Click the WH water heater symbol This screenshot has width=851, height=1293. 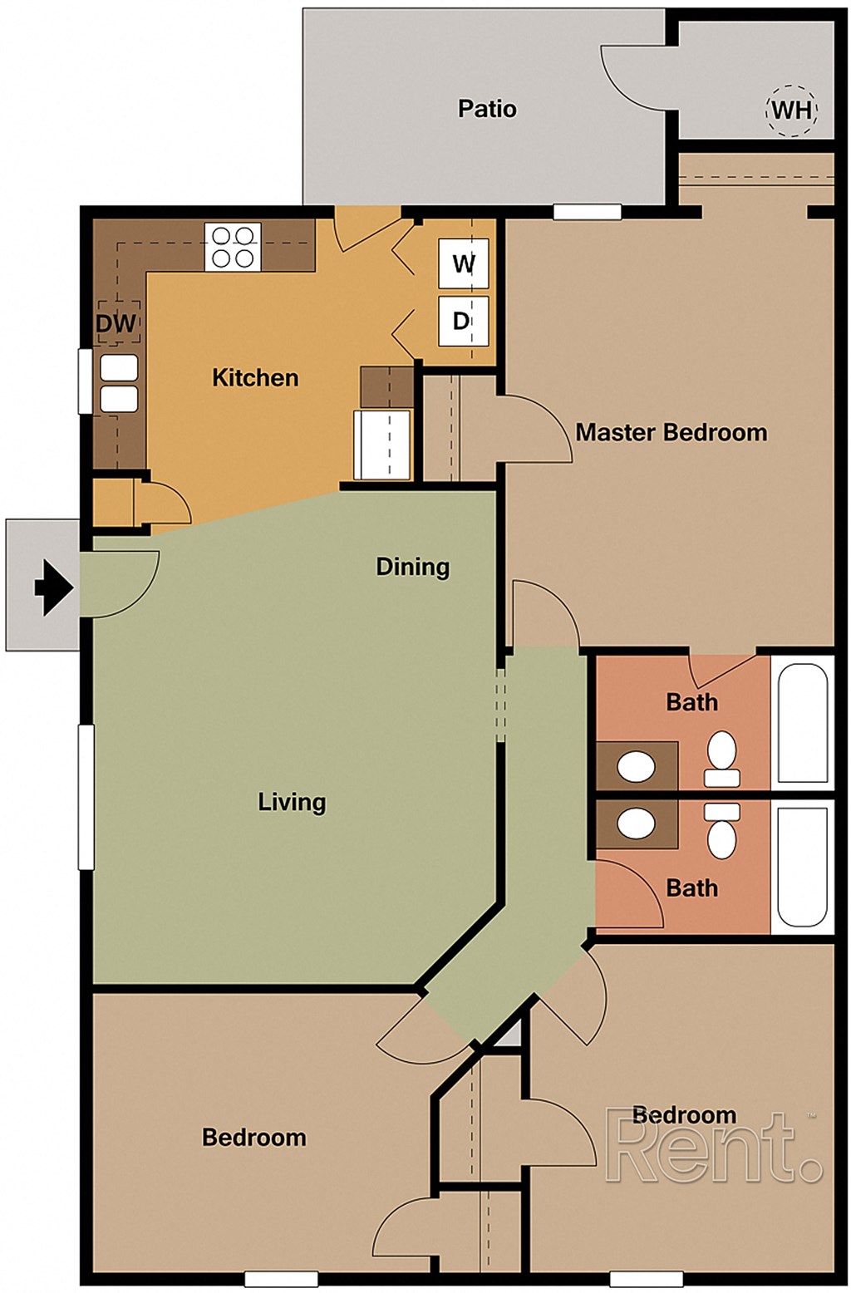point(790,110)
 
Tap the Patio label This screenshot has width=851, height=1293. point(487,109)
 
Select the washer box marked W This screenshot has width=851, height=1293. point(463,264)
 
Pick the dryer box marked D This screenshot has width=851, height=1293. point(462,321)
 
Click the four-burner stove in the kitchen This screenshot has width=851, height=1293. point(233,247)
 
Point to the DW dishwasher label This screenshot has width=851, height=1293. point(116,323)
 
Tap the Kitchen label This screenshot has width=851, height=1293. point(255,378)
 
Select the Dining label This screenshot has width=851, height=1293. point(412,567)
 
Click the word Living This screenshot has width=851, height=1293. point(292,802)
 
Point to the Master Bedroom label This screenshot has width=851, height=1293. point(671,433)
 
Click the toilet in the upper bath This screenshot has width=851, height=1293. point(722,758)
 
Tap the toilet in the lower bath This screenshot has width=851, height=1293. point(722,831)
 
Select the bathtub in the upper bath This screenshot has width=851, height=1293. point(802,723)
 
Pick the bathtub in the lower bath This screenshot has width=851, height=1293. point(802,866)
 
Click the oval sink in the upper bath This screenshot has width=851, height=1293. point(637,765)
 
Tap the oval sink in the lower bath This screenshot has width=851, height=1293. point(637,824)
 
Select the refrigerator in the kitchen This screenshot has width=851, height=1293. point(382,444)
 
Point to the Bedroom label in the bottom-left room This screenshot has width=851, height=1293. point(253,1138)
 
